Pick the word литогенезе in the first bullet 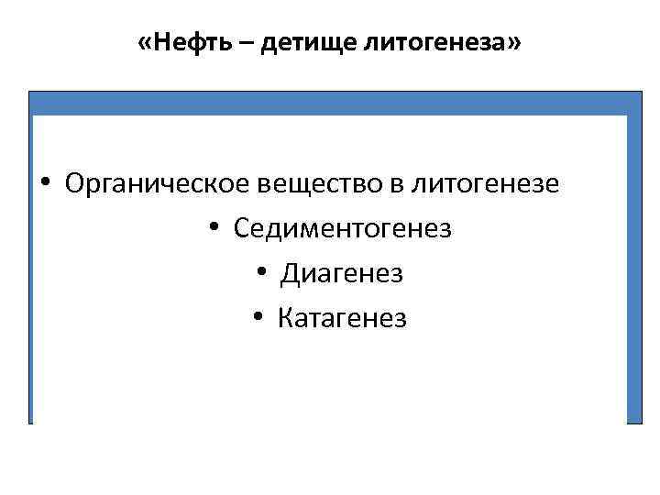[x=484, y=183]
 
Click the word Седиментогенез [x=343, y=228]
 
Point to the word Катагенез [x=341, y=318]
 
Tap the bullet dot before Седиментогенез [x=214, y=228]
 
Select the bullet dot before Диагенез [x=261, y=273]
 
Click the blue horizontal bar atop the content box [x=330, y=103]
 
